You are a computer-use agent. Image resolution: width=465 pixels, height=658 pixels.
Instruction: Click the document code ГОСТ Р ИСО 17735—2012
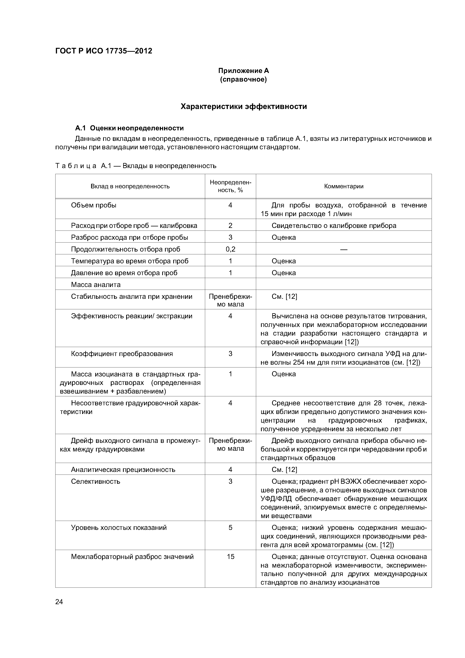coord(103,51)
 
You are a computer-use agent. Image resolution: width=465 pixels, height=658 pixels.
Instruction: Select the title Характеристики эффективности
coord(244,107)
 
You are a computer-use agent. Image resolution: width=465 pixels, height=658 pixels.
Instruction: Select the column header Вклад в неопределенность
coord(130,186)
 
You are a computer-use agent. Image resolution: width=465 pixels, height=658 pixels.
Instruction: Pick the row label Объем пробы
coord(94,205)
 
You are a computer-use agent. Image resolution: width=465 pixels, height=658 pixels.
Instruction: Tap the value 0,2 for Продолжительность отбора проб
coord(230,249)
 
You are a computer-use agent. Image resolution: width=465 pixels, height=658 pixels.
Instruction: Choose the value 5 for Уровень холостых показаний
coord(230,528)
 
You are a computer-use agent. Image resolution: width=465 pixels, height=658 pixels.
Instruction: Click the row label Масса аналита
coord(96,285)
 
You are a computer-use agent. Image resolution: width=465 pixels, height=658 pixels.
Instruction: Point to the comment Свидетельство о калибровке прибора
coord(334,225)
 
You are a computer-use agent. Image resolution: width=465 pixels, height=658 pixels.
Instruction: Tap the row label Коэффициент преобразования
coord(122,354)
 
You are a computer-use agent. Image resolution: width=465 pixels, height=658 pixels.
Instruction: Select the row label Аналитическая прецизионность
coord(123,469)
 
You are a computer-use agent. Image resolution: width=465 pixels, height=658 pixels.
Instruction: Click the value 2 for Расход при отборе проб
coord(230,225)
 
